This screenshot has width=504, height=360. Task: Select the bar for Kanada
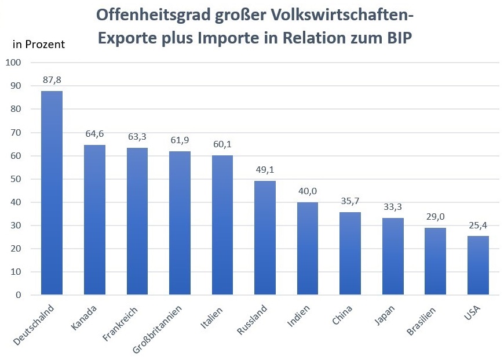click(x=94, y=220)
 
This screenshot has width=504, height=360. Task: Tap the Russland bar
click(x=265, y=238)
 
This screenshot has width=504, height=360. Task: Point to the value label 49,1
click(x=265, y=170)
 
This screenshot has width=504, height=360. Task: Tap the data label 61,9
click(x=180, y=141)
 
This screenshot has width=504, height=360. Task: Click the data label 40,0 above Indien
click(x=308, y=191)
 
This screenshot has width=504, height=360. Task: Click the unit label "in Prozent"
click(x=39, y=44)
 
